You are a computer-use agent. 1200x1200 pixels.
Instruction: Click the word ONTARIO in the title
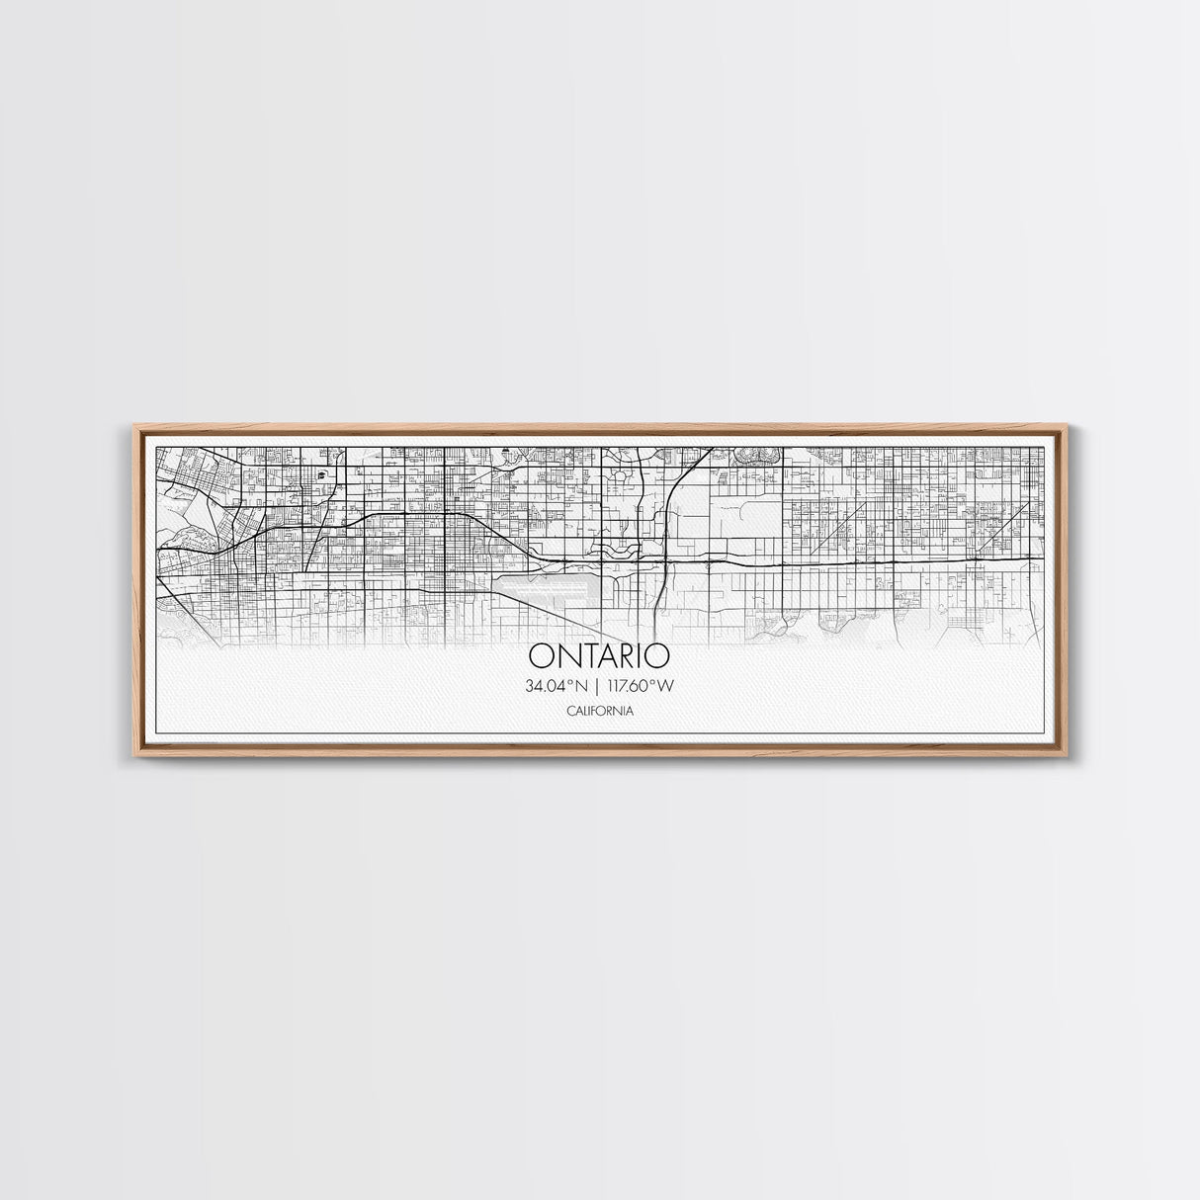coord(599,656)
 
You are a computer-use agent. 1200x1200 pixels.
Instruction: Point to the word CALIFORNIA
coord(600,711)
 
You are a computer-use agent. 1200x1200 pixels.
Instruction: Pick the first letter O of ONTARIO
coord(541,656)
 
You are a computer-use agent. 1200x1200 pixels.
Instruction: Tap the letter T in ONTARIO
coord(583,656)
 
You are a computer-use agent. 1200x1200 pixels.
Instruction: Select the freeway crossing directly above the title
coord(659,559)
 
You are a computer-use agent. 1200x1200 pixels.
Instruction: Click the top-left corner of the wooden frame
coord(134,426)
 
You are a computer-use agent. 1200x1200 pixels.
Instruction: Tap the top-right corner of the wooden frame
coord(1068,426)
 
